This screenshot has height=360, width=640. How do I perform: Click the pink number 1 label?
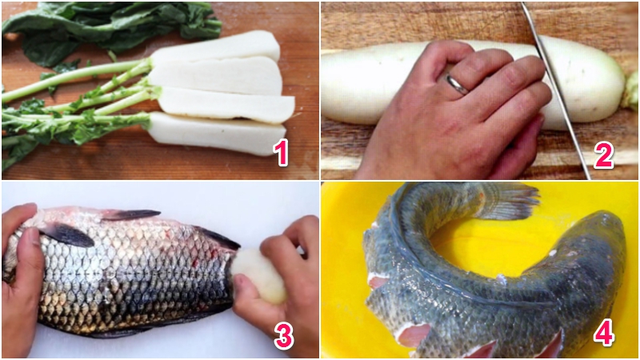pos(282,152)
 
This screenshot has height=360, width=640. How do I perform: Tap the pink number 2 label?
pos(603,155)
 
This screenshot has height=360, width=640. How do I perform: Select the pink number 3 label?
pos(284,337)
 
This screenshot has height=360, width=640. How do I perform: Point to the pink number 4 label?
pos(604,334)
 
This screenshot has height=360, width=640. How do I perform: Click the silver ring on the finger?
pos(458,85)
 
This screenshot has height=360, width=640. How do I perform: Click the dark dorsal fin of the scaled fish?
pos(130,214)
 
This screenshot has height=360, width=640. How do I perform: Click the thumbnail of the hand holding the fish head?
pos(32,237)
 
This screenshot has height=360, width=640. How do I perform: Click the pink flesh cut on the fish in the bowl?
pos(413,334)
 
